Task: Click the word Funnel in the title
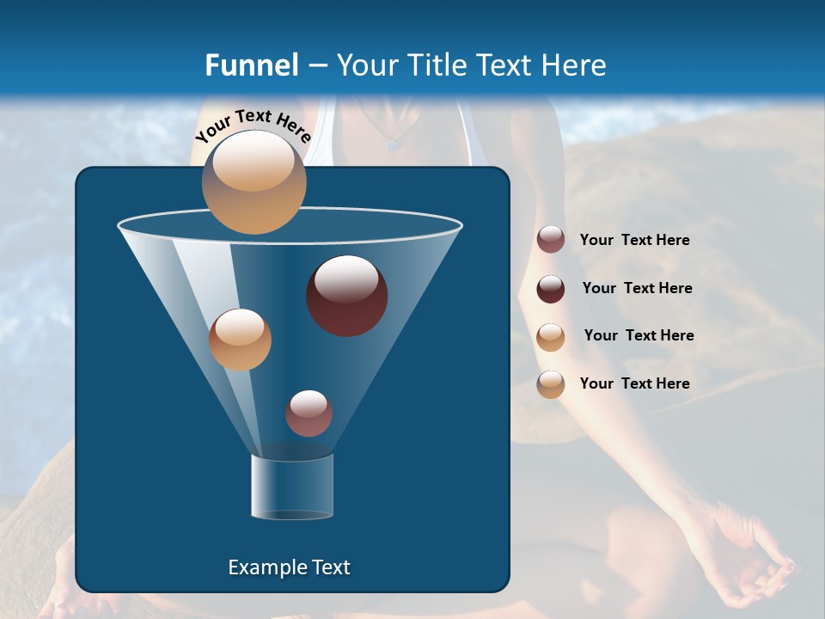pos(251,65)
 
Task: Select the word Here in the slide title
pos(571,65)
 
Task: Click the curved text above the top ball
pos(253,125)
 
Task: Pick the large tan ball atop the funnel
pos(254,181)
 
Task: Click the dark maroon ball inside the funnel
pos(346,295)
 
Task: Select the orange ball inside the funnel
pos(240,339)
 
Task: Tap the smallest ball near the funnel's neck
pos(309,413)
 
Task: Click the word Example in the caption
pos(260,567)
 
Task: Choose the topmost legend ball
pos(551,240)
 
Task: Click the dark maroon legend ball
pos(551,289)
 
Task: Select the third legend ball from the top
pos(551,336)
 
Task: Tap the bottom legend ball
pos(551,384)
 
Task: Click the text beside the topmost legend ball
pos(634,241)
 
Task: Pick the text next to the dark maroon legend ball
pos(637,289)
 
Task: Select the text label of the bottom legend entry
pos(634,383)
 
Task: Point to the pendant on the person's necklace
pos(392,144)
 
